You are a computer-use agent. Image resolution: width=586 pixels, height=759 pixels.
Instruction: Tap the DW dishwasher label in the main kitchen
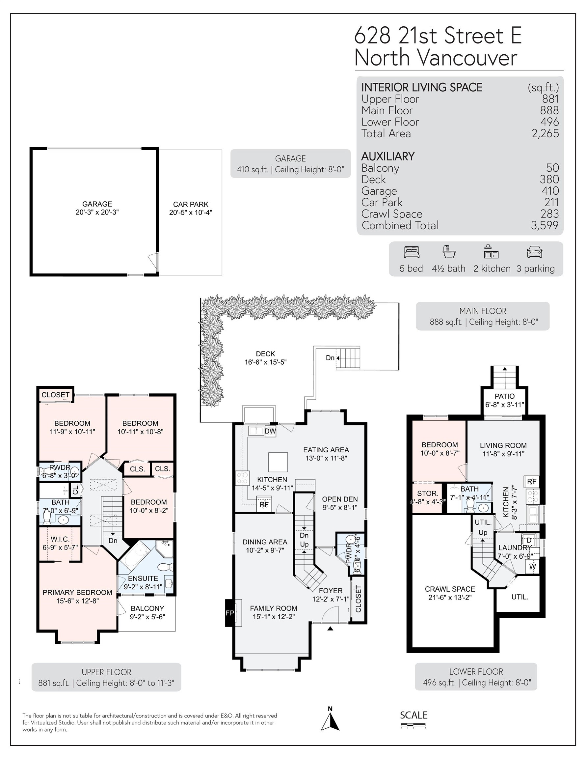pos(270,431)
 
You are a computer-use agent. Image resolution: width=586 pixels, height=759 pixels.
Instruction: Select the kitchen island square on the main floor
pos(278,462)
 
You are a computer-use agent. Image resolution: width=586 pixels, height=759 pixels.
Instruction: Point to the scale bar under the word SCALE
pos(413,726)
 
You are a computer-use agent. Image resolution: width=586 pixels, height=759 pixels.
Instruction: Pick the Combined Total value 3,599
pos(544,225)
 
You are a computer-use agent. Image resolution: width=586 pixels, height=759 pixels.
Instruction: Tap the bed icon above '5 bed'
pos(412,252)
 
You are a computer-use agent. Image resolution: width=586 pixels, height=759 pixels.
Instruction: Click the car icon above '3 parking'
pos(534,252)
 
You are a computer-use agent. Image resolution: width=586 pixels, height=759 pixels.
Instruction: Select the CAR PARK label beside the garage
pos(191,204)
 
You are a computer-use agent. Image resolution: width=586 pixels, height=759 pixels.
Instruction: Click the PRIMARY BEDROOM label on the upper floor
pos(77,593)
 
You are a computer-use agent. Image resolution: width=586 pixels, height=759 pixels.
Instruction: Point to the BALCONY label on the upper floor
pos(147,608)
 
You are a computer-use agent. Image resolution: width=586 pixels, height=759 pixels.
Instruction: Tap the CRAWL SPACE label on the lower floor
pos(450,589)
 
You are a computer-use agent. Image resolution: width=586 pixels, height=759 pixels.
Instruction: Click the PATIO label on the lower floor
pos(504,396)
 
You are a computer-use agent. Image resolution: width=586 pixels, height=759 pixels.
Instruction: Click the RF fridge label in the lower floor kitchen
pos(531,481)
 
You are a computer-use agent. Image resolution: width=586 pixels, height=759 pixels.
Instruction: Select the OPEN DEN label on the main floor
pos(340,499)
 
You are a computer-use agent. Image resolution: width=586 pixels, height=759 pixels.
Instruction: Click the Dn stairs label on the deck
pos(330,358)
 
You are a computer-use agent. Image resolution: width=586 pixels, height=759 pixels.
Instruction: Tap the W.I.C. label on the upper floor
pos(60,539)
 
